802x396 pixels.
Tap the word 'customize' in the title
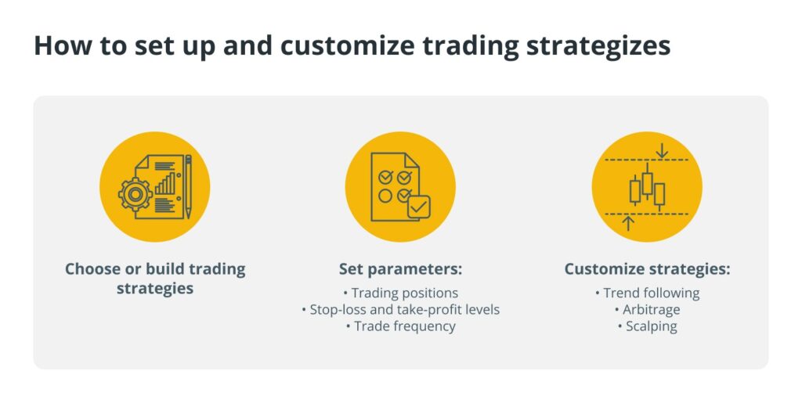(354, 45)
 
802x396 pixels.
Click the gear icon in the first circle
(135, 195)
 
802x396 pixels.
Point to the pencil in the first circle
(188, 186)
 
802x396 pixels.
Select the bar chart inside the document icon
(164, 183)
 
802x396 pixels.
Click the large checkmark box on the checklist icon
(418, 207)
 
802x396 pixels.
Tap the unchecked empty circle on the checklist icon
(385, 196)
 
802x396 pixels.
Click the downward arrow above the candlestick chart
(662, 150)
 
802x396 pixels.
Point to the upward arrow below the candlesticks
(629, 223)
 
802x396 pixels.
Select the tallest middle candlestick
(648, 183)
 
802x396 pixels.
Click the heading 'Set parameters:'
(400, 269)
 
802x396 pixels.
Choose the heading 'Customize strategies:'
(647, 269)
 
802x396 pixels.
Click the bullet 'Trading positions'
(400, 293)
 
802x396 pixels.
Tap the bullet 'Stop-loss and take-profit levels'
(400, 310)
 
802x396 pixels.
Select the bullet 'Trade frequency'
(400, 326)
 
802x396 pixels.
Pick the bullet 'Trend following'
(647, 293)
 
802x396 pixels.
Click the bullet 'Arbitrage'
(647, 310)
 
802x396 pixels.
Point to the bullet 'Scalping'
(647, 326)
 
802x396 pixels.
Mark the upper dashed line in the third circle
(646, 160)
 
